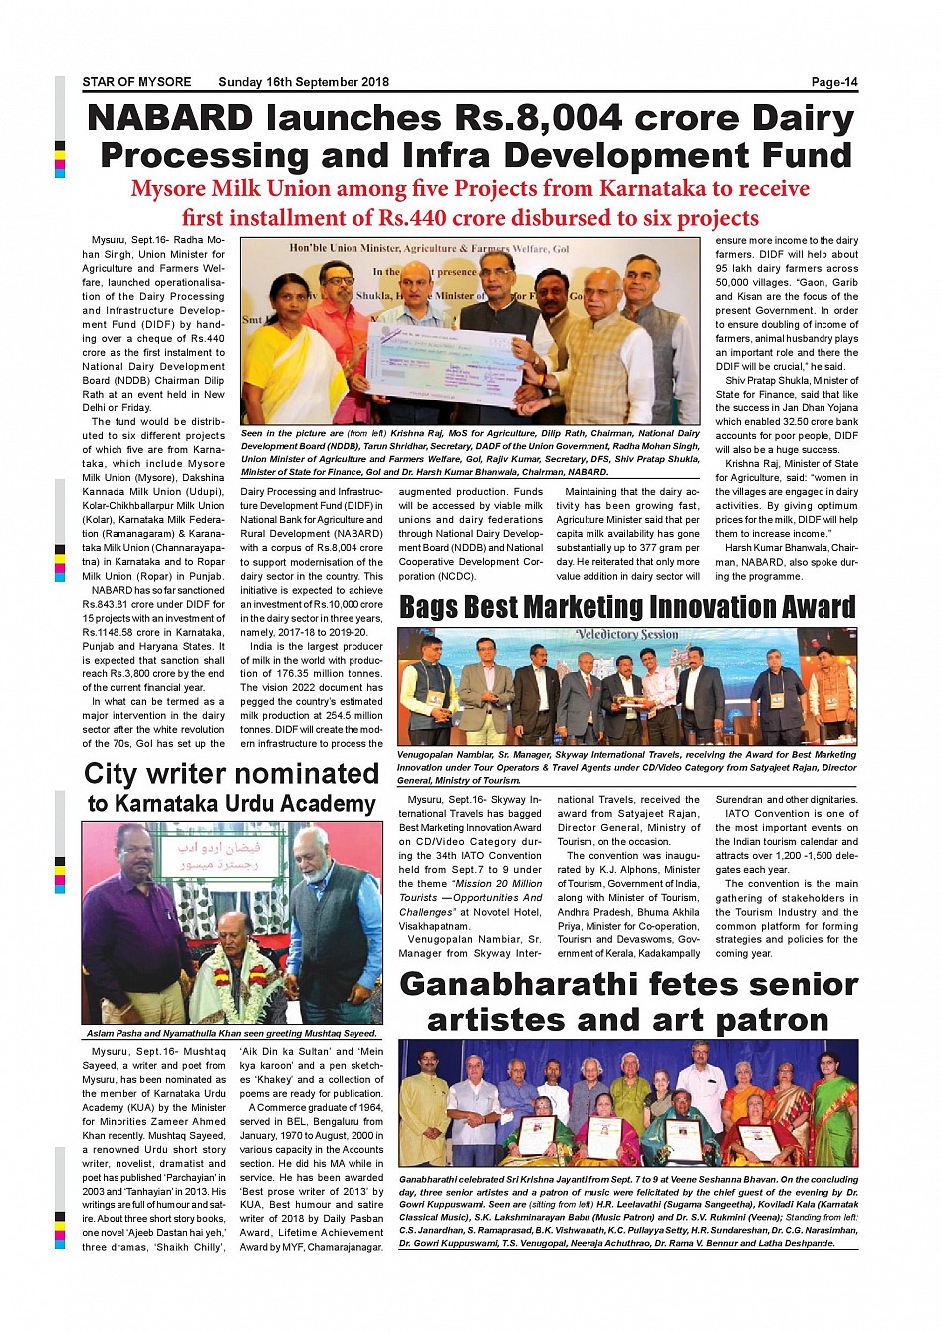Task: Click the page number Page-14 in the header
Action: click(833, 82)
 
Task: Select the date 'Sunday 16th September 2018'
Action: click(304, 82)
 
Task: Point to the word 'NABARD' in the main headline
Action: click(170, 118)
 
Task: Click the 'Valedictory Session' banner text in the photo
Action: click(626, 635)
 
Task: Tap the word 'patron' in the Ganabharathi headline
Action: click(767, 1020)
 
